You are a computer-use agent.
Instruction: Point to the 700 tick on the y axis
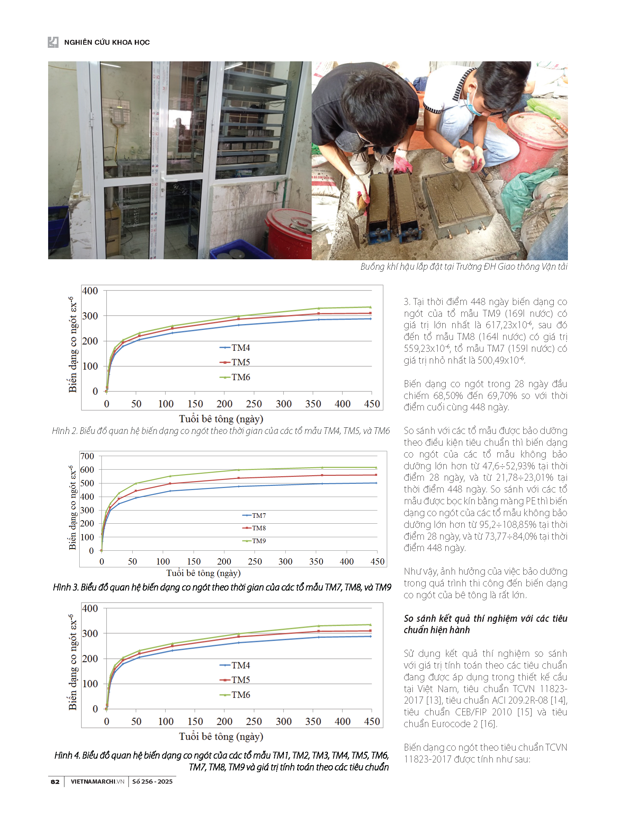point(87,456)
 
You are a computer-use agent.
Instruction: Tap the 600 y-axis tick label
point(87,470)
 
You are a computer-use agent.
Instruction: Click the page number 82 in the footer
point(55,782)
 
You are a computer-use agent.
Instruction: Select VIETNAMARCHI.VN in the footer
point(97,782)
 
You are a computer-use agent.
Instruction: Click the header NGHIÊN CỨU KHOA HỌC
point(107,42)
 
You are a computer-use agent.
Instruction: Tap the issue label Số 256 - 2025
point(152,782)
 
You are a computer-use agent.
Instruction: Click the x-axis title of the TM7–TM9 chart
point(203,573)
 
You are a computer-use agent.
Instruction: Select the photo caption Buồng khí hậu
point(464,267)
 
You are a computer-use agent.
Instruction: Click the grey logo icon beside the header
point(53,42)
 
